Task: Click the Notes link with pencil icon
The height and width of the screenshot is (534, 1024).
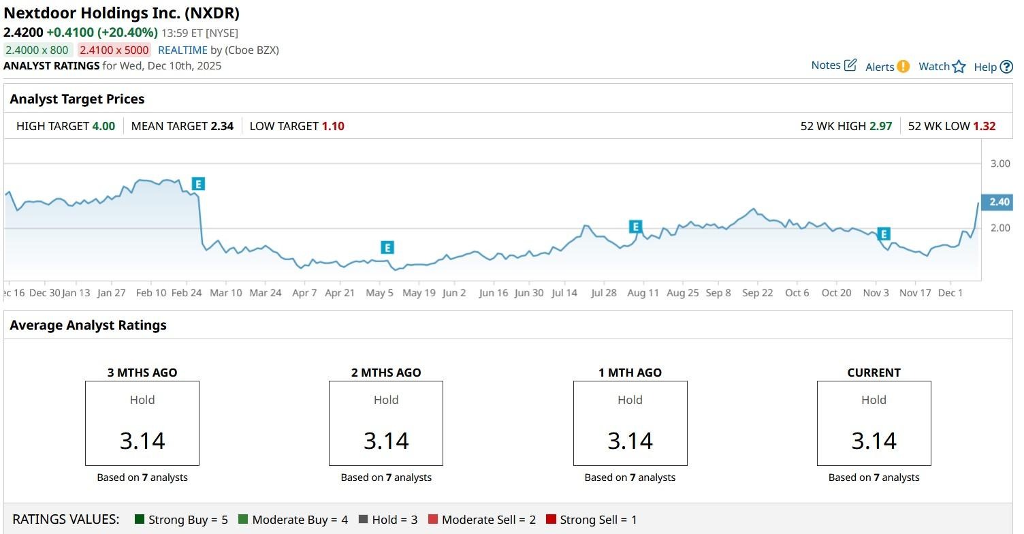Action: pos(833,65)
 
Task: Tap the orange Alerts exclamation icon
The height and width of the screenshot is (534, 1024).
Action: pos(903,66)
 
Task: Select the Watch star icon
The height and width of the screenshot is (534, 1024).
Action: pos(959,66)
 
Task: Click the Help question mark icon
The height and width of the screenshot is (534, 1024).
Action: pos(1006,67)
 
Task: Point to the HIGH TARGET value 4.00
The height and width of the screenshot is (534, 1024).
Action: pos(103,126)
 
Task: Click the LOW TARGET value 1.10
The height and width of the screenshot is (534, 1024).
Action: pos(333,126)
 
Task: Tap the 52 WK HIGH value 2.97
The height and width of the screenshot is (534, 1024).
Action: pos(880,126)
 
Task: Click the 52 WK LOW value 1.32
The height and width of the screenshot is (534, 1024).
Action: pos(984,126)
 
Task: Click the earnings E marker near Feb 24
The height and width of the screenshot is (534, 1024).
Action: pos(198,184)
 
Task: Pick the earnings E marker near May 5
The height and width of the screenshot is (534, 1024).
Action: pos(387,247)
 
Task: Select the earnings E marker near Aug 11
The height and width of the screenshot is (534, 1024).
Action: pos(635,227)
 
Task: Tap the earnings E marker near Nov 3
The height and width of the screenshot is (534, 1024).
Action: pos(884,234)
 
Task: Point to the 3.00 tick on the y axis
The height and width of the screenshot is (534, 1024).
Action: pos(999,163)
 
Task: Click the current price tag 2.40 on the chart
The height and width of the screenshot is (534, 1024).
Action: pos(999,202)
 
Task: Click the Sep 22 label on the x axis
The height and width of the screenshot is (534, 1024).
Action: pos(757,293)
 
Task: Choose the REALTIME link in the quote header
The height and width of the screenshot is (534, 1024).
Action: pos(182,50)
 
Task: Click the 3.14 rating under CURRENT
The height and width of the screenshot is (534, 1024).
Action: pos(874,441)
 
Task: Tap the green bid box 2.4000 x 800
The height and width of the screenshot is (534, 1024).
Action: pos(37,50)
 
